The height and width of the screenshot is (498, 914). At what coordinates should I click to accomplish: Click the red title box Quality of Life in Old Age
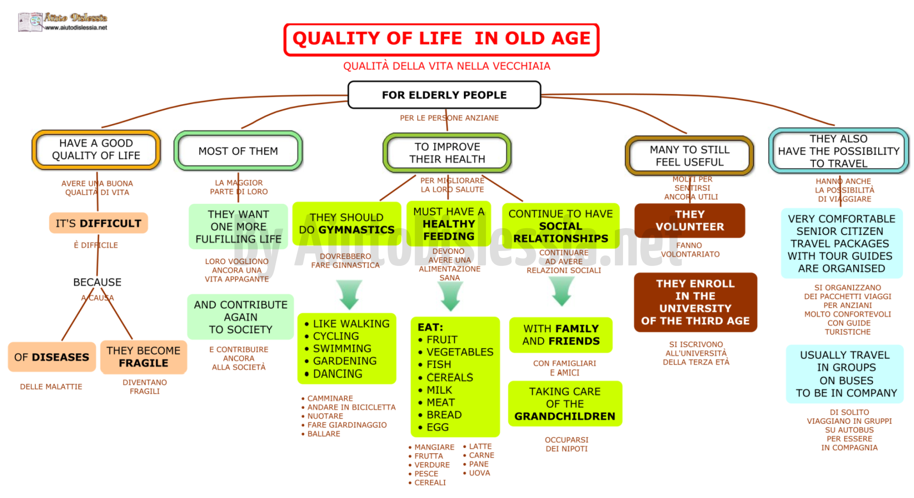click(x=441, y=39)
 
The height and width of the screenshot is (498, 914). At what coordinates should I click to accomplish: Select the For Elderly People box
click(x=444, y=95)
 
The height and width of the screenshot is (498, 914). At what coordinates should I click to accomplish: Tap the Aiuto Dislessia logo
click(x=63, y=22)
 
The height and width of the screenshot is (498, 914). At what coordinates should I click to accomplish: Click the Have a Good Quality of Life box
click(x=96, y=149)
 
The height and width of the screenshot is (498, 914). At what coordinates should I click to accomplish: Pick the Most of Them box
click(x=238, y=151)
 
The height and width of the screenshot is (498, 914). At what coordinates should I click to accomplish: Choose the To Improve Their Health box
click(x=447, y=153)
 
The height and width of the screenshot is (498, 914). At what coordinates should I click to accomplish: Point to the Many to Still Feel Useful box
click(x=689, y=156)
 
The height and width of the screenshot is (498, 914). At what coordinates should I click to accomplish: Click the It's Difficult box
click(x=98, y=223)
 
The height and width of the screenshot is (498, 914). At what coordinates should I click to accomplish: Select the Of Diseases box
click(x=52, y=357)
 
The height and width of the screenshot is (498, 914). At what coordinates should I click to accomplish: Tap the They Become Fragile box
click(x=144, y=357)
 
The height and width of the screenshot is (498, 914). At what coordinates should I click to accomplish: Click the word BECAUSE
click(x=97, y=282)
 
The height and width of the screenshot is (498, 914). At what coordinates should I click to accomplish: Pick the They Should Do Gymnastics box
click(x=347, y=224)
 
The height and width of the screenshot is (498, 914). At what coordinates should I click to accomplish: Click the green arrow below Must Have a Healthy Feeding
click(x=451, y=295)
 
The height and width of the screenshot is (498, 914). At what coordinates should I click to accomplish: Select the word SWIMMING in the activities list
click(x=342, y=349)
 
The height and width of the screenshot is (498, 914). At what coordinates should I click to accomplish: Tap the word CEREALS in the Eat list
click(x=450, y=377)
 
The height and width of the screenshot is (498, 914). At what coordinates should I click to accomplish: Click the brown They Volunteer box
click(x=690, y=221)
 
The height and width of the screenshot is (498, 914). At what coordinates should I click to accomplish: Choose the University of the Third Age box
click(x=695, y=302)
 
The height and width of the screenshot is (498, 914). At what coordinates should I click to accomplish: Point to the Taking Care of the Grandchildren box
click(x=565, y=404)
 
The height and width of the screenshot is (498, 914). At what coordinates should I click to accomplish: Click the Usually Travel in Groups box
click(x=846, y=374)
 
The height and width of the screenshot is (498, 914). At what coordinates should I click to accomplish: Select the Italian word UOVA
click(x=479, y=473)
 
